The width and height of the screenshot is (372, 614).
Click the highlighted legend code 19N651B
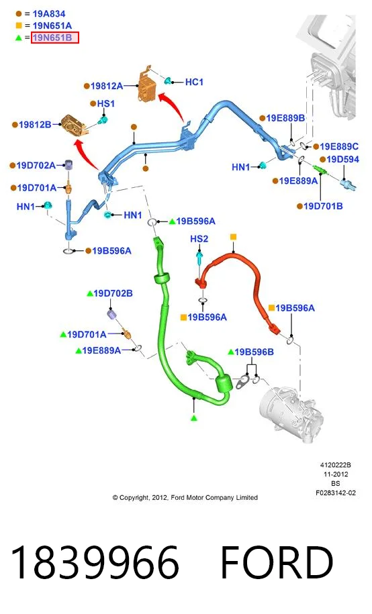54,38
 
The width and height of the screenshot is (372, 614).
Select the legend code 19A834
49,13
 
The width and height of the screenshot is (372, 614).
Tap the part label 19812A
107,86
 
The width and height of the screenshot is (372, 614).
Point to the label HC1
194,82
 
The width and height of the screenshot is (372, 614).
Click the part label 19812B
35,125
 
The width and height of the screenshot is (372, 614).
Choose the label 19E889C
338,146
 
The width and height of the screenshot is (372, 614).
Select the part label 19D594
342,159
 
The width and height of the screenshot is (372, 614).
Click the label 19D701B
323,206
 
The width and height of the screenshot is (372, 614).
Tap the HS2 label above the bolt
199,239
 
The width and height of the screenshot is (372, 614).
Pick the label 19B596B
254,352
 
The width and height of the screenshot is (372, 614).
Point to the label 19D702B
113,293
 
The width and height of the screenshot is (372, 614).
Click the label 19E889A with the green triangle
101,350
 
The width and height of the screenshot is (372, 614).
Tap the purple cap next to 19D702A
68,165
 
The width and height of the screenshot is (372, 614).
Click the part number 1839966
95,563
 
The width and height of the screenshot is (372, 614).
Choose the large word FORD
277,563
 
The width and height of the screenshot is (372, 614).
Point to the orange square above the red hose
233,237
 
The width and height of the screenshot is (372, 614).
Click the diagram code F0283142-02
336,493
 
